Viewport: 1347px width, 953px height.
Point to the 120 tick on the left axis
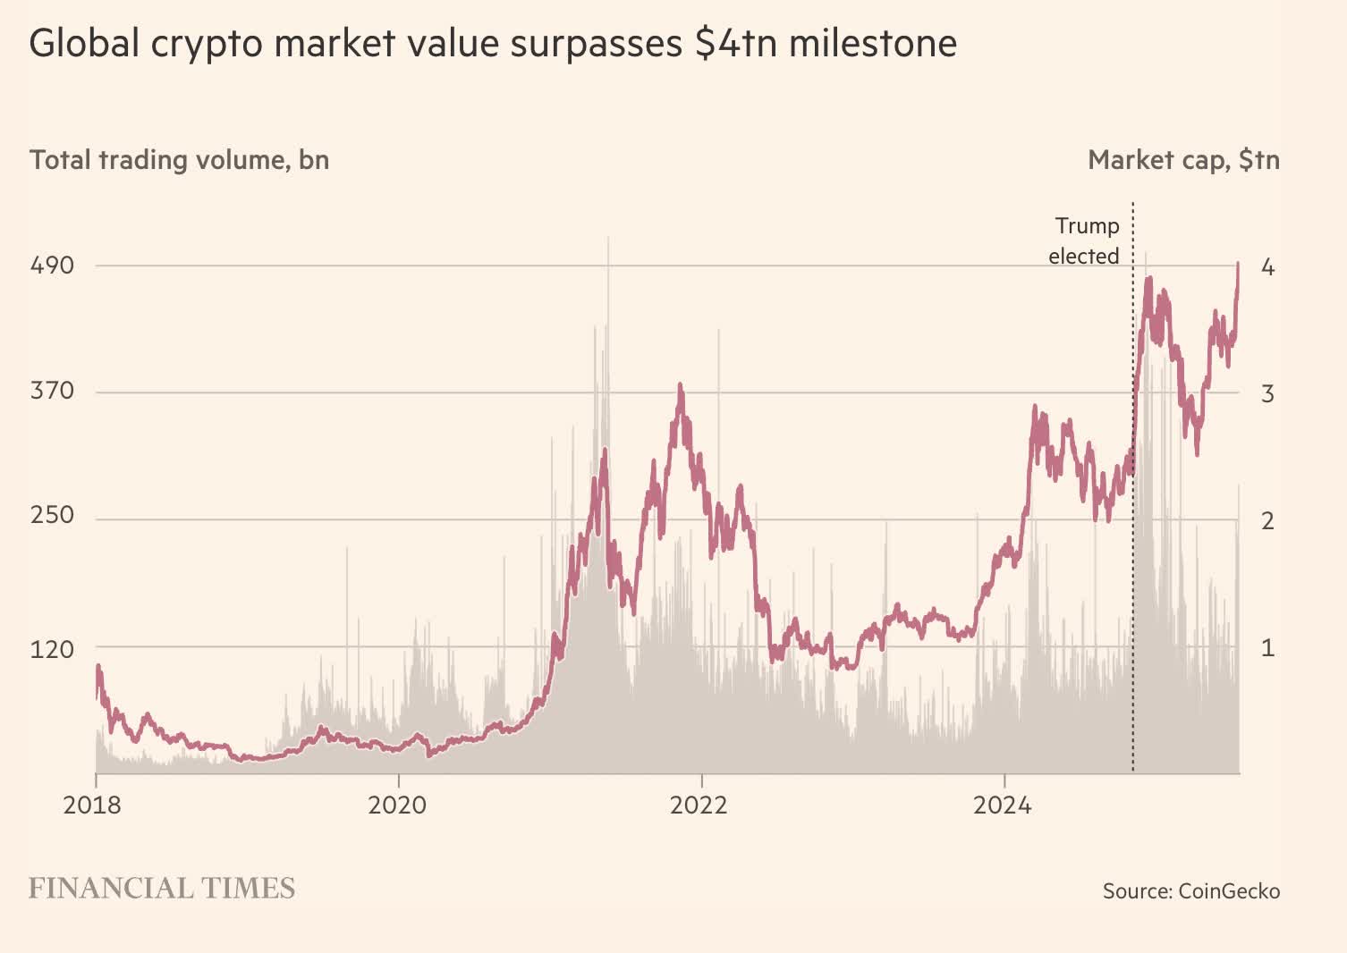(51, 649)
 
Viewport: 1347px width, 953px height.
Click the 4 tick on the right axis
(1267, 267)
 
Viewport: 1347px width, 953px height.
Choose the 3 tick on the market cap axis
(1267, 393)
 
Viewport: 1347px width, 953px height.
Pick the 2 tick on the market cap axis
(1267, 520)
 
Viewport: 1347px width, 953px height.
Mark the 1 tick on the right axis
(1267, 648)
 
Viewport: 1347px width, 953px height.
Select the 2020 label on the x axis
(397, 805)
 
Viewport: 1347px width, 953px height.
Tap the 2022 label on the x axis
(700, 805)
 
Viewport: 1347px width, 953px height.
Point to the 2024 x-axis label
(1003, 805)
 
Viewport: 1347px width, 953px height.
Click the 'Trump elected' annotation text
(1084, 241)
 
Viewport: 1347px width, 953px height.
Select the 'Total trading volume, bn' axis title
(179, 160)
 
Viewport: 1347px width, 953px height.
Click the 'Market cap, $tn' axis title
(1183, 160)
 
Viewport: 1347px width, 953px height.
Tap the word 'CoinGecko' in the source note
(1229, 891)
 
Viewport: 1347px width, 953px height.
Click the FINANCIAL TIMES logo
(162, 889)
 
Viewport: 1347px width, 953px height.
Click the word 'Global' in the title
(84, 43)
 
